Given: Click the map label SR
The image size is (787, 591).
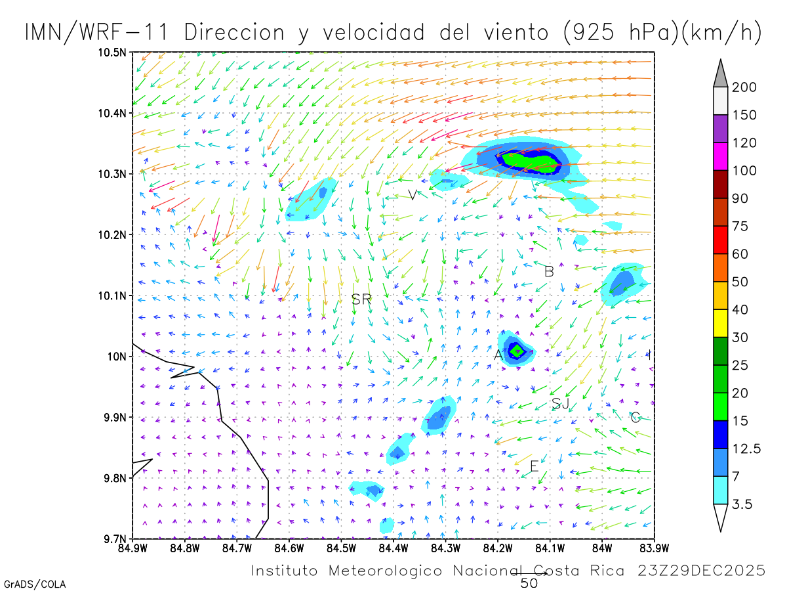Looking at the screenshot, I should tap(361, 299).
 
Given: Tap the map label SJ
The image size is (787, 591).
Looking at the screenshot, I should tap(560, 404).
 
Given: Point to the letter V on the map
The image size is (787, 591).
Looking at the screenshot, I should tap(412, 195).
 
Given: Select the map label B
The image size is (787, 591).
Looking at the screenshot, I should tap(549, 271).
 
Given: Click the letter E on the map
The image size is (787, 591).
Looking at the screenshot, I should tap(534, 466).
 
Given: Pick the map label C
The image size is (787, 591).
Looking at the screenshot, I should tap(635, 417).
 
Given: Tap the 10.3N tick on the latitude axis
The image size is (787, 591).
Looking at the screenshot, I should tap(114, 174).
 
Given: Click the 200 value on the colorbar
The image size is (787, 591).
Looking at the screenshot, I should tap(744, 87).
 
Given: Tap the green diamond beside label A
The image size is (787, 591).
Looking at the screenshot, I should tap(517, 350).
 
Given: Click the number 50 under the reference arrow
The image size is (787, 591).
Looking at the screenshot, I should tap(529, 582).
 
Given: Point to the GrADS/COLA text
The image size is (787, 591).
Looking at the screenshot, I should tap(35, 584).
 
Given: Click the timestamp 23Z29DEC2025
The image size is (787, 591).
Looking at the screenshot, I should tap(701, 571).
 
